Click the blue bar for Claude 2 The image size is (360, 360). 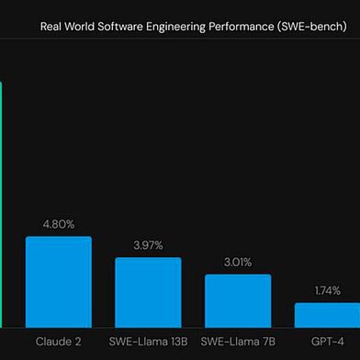(58, 281)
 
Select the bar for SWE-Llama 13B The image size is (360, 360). (148, 292)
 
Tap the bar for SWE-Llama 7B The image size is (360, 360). (238, 300)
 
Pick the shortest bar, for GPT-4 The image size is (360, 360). (327, 314)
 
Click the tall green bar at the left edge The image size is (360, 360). (1, 202)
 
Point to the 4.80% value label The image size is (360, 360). (58, 223)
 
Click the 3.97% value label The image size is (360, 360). (148, 244)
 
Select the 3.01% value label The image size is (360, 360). (238, 261)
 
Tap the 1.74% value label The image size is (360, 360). (327, 290)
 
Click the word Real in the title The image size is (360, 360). (52, 28)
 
